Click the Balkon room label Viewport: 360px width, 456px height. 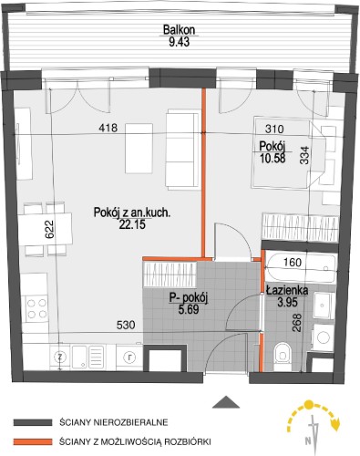(179, 30)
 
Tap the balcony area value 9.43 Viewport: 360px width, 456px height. (179, 42)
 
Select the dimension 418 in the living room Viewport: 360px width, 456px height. (108, 128)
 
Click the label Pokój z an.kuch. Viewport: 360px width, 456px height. (132, 212)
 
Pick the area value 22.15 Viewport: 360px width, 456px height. (132, 224)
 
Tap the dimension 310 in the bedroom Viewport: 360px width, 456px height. (274, 129)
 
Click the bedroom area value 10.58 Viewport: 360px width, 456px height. (273, 158)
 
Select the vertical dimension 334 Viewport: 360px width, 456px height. (304, 155)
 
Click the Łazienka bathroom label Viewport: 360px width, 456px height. (287, 290)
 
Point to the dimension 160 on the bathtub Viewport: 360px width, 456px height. (293, 262)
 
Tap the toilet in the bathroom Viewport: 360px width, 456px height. (282, 357)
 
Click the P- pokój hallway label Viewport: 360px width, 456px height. (189, 298)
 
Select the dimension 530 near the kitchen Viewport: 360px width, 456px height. (126, 325)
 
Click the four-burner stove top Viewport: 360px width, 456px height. (36, 308)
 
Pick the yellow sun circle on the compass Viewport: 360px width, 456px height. (309, 405)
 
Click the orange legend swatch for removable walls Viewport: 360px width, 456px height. (33, 441)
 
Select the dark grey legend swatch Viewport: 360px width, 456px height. (33, 422)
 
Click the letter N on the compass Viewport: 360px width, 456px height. (308, 440)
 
